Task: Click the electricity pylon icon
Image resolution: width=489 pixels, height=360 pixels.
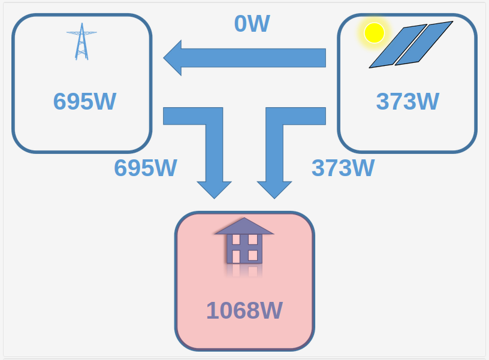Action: tap(81, 41)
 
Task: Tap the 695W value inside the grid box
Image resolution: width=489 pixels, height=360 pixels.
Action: tap(84, 101)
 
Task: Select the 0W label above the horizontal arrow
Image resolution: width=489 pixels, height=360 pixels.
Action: tap(252, 24)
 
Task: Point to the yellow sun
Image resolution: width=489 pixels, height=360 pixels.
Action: tap(374, 33)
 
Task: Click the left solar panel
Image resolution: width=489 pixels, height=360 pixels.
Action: tap(398, 46)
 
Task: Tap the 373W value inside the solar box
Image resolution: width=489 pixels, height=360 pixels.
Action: tap(407, 101)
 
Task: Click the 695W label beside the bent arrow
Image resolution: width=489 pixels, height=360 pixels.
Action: tap(146, 168)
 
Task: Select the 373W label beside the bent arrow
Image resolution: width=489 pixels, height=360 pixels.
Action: tap(343, 168)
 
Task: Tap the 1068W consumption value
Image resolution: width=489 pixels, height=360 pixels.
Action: tap(244, 310)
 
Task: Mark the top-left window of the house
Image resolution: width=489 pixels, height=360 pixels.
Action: tap(236, 240)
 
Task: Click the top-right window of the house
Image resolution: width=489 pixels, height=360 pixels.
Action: tap(252, 240)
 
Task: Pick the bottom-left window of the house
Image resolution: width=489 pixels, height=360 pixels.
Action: tap(236, 256)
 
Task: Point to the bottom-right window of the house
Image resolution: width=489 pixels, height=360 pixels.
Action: tap(252, 256)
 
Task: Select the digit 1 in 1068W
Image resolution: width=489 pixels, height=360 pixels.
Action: tap(213, 310)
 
